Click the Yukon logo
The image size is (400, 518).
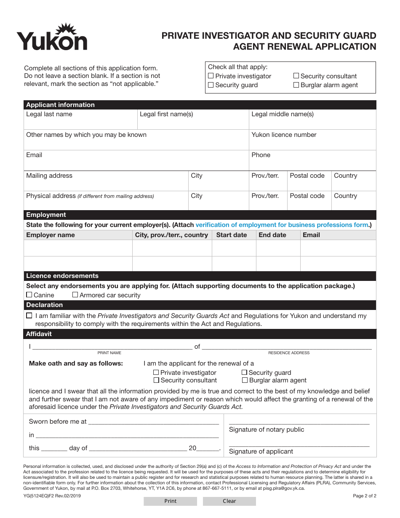click(x=52, y=38)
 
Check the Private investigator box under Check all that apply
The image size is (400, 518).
click(x=211, y=76)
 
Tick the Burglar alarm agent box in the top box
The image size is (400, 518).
click(x=296, y=85)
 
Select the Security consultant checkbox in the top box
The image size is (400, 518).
click(x=296, y=76)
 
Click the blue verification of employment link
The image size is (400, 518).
click(x=282, y=225)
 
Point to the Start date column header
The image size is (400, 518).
click(x=232, y=235)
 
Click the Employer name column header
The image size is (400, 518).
click(x=51, y=235)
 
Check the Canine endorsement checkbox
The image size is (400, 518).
click(x=29, y=295)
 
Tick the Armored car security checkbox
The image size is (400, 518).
click(x=75, y=295)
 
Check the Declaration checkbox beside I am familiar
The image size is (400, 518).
click(x=29, y=315)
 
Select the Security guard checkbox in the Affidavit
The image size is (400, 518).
click(x=244, y=372)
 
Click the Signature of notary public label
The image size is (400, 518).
click(x=267, y=430)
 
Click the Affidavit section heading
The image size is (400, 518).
click(x=39, y=334)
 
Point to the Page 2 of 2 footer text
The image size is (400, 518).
click(x=364, y=496)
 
